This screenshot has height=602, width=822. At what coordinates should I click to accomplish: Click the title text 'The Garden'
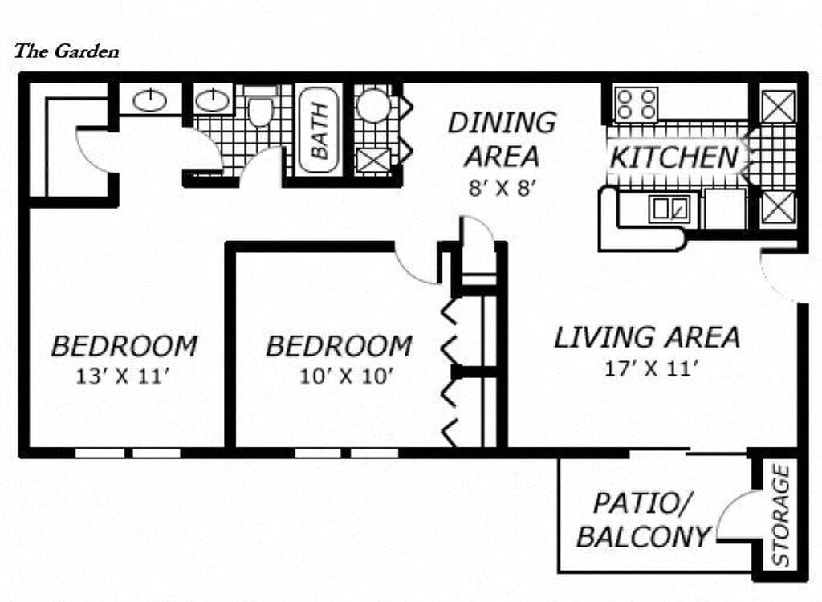67,51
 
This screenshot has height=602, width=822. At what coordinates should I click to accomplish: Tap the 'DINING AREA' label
501,139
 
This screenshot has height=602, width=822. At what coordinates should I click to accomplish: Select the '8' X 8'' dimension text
501,187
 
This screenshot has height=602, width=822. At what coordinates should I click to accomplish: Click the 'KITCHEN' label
673,157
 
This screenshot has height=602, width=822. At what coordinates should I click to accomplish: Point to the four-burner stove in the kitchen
636,104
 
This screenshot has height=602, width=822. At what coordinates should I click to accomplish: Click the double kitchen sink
669,209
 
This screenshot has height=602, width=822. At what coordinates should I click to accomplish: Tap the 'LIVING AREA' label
647,337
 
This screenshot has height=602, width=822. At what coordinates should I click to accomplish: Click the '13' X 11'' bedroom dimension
124,376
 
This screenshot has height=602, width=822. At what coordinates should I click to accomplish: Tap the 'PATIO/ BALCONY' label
643,520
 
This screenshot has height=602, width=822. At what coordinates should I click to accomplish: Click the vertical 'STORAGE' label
780,515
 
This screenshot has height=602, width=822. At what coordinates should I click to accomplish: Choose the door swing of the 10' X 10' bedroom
417,265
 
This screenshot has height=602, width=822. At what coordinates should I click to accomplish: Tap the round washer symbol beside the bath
372,105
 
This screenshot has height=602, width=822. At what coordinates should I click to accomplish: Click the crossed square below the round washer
372,160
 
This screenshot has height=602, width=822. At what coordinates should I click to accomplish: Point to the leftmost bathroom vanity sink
149,100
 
